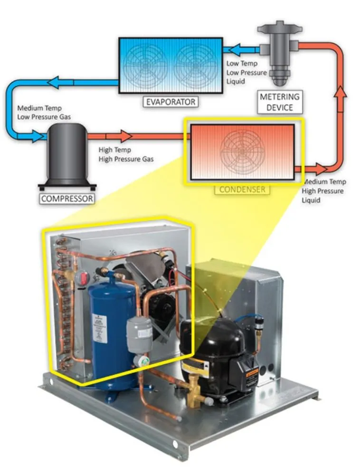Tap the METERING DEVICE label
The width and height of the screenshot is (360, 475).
pyautogui.click(x=280, y=102)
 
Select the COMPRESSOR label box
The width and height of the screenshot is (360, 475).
pyautogui.click(x=67, y=199)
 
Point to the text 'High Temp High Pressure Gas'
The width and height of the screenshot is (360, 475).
pyautogui.click(x=126, y=154)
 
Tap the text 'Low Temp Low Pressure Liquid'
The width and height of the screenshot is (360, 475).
pyautogui.click(x=242, y=72)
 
